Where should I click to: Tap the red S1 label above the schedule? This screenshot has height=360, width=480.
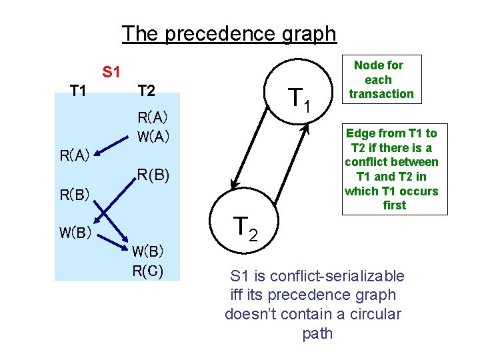(111, 71)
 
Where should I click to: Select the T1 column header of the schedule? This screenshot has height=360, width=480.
(78, 90)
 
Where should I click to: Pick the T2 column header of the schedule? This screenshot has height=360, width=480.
(146, 90)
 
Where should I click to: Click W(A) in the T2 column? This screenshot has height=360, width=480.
(153, 138)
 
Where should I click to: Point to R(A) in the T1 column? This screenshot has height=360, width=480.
(75, 157)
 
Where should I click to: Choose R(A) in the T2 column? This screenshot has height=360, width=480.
(153, 118)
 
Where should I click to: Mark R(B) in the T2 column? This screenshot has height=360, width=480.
(153, 176)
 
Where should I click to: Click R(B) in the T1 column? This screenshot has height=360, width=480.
(75, 195)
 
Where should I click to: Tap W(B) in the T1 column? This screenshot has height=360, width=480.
(75, 234)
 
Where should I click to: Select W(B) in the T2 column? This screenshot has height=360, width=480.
(147, 252)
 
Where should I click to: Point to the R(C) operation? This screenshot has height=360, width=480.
(147, 271)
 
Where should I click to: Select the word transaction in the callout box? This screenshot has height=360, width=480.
(381, 94)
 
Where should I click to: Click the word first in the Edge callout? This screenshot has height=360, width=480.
(394, 205)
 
